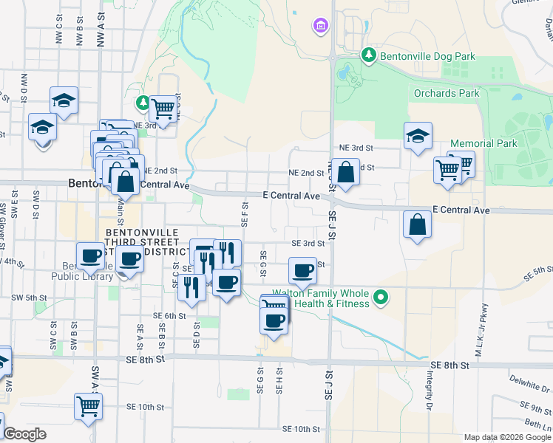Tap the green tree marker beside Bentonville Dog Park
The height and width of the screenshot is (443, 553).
click(x=368, y=55)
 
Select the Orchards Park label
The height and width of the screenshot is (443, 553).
click(x=447, y=94)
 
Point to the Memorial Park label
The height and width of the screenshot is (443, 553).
click(x=484, y=143)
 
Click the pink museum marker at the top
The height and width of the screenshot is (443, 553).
click(x=319, y=27)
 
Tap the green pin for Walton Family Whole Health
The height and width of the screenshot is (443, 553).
click(x=381, y=298)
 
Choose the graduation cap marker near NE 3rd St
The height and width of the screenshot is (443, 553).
click(x=418, y=136)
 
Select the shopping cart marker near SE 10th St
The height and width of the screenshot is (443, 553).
click(x=88, y=405)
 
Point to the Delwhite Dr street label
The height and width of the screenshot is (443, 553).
click(x=530, y=383)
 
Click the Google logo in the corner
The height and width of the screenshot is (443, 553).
click(x=24, y=434)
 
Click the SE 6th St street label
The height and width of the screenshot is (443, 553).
click(x=169, y=315)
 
